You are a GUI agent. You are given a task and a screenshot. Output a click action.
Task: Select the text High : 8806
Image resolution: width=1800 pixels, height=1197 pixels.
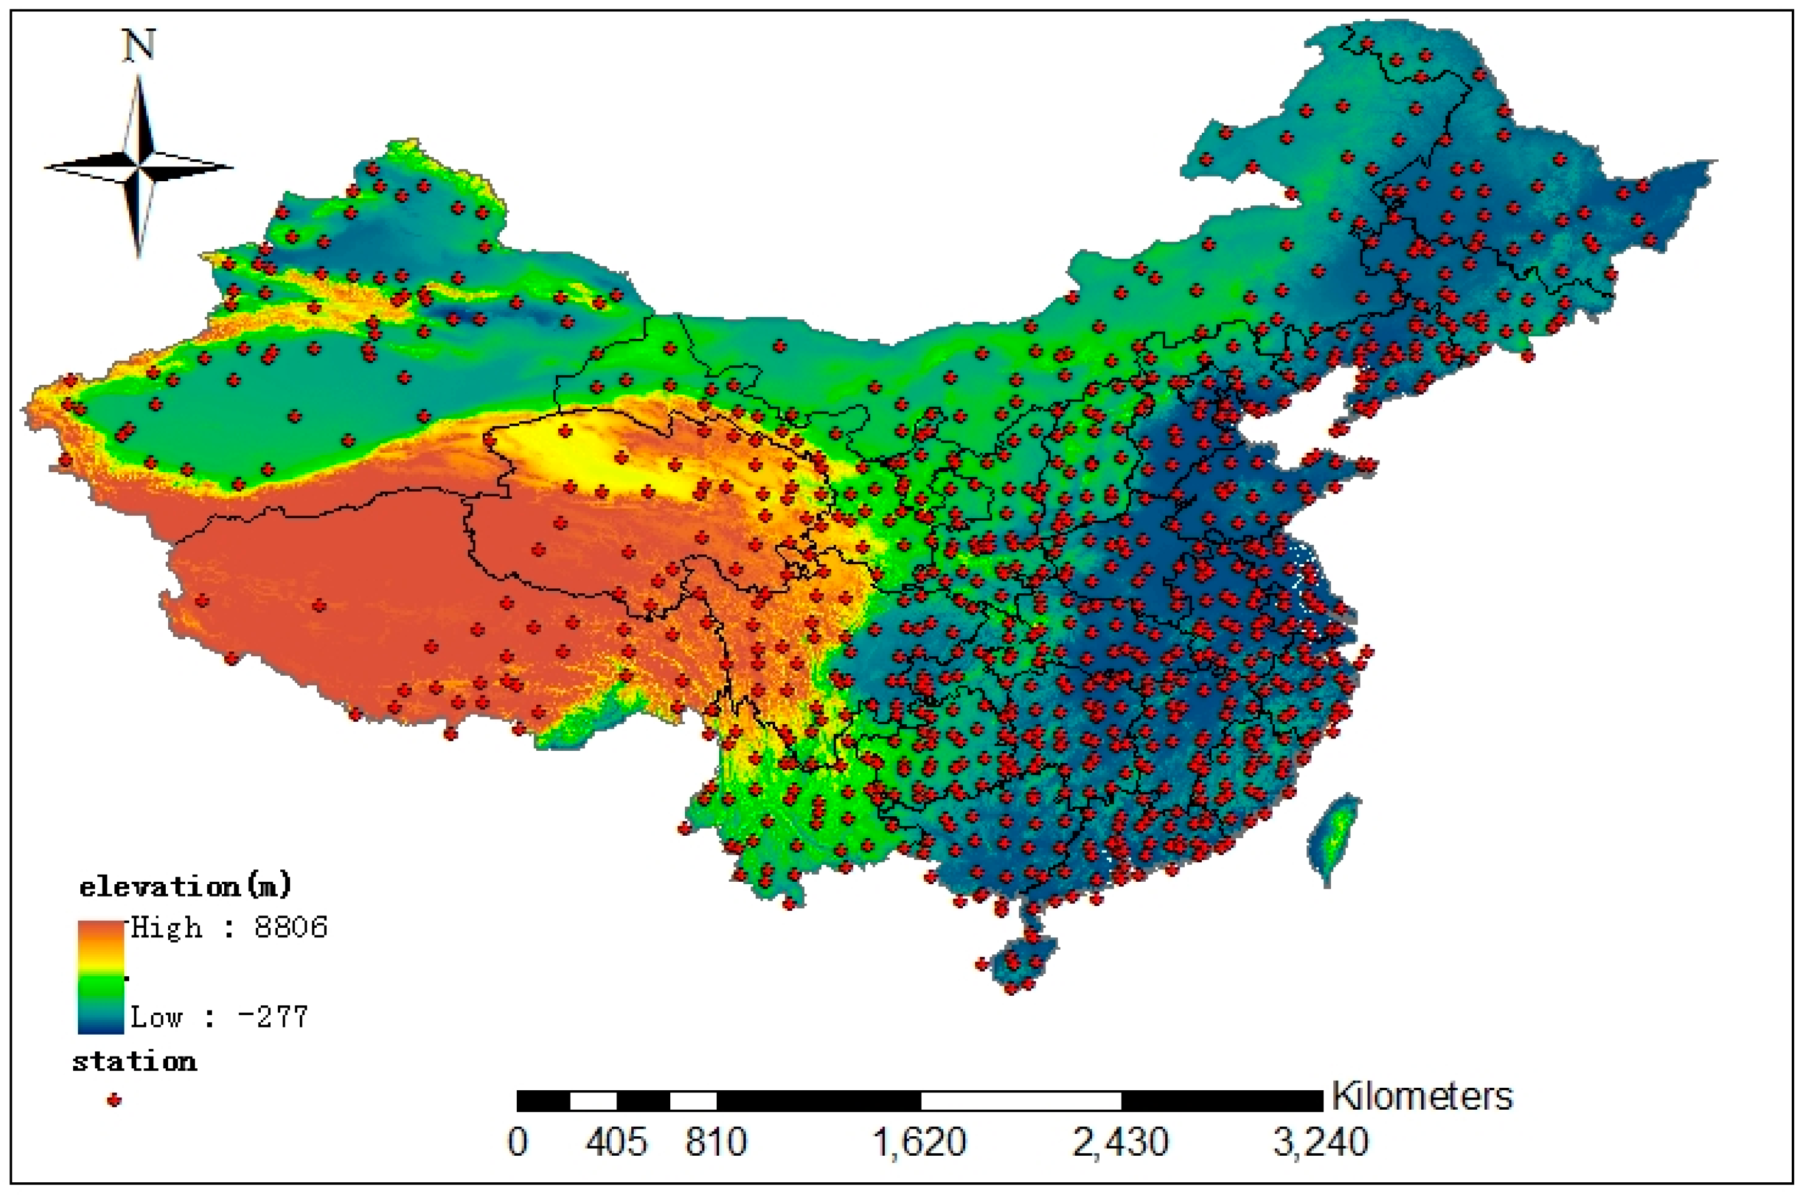(x=229, y=927)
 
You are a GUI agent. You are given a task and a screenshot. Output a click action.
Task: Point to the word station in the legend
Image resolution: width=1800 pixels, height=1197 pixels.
(x=135, y=1062)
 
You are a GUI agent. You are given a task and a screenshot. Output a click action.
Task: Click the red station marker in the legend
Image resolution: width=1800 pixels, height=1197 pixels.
(x=114, y=1100)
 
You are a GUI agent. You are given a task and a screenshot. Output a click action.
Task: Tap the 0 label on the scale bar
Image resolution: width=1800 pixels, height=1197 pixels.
(x=517, y=1143)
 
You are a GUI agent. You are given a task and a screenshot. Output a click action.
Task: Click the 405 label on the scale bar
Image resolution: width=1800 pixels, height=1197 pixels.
(x=617, y=1143)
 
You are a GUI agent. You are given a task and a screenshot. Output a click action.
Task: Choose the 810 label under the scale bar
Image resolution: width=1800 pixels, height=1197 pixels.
(x=716, y=1143)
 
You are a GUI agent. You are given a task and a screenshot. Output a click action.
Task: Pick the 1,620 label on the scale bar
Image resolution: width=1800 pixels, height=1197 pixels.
(x=919, y=1143)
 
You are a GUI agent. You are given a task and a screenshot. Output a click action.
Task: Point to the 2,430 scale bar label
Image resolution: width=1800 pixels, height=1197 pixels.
(x=1120, y=1143)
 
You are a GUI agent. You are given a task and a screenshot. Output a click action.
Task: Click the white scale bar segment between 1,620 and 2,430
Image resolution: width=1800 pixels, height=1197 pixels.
(x=1020, y=1101)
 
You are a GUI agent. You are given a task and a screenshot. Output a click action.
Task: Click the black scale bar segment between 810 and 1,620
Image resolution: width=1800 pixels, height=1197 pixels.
(x=818, y=1101)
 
